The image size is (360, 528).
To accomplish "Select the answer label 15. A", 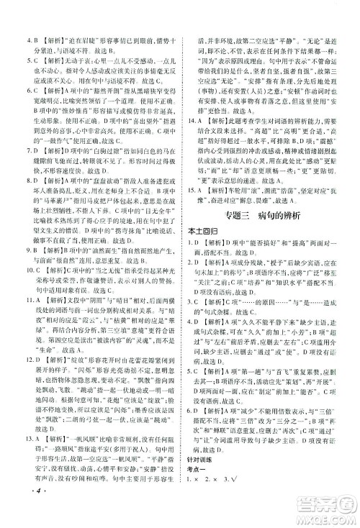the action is coord(190,251).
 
